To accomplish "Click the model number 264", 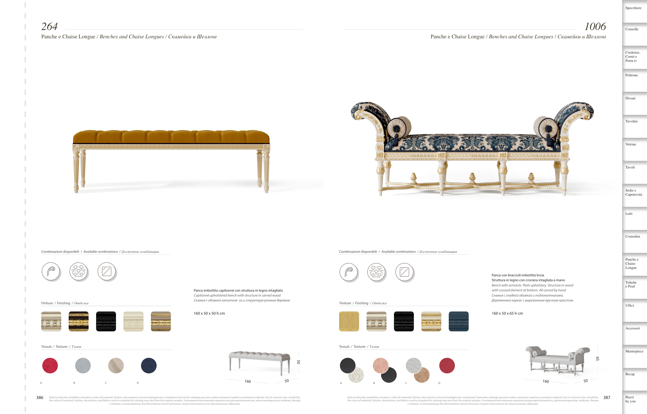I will [49, 26].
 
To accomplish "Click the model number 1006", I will [595, 26].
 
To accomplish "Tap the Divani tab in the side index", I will [630, 98].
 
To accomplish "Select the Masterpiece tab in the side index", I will [634, 351].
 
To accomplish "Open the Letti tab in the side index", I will [629, 214].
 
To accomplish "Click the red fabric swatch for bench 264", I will [50, 366].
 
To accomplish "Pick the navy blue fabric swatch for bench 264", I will [149, 366].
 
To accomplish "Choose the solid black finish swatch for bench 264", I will [106, 322].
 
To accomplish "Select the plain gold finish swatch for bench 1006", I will [349, 322].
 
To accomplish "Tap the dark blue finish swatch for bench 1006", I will [459, 322].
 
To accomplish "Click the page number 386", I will [40, 398].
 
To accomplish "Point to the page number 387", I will [607, 398].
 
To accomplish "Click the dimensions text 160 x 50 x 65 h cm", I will [507, 313].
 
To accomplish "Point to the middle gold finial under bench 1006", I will [472, 177].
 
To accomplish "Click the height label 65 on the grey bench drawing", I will [598, 359].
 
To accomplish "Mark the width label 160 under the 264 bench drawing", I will [248, 381].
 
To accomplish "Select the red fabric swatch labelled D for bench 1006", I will [447, 366].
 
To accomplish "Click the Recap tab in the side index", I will [630, 374].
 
